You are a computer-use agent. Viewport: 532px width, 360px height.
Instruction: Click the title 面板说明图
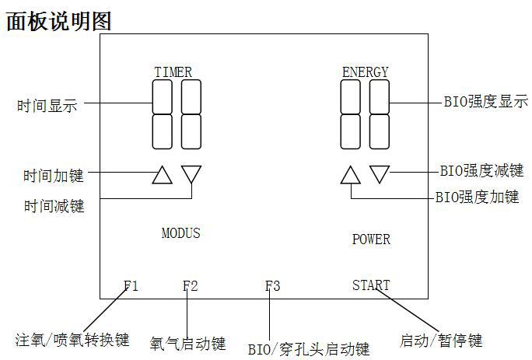(59, 20)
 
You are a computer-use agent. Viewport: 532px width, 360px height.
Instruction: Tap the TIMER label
(173, 72)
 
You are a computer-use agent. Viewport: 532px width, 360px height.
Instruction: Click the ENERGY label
(365, 72)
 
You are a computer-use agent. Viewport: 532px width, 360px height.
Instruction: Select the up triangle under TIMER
(162, 175)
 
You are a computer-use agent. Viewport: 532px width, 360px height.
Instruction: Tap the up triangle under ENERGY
(351, 175)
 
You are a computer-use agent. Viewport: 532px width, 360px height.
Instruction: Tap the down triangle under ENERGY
(380, 173)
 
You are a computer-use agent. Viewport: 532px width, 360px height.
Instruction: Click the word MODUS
(180, 232)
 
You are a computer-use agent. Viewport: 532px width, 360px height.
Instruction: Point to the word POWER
(371, 239)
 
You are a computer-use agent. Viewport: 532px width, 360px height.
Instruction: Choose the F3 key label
(272, 285)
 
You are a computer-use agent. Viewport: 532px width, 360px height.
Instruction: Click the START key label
(370, 285)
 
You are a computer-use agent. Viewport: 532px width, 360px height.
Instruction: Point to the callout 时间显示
(47, 107)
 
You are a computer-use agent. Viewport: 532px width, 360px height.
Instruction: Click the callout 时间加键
(53, 176)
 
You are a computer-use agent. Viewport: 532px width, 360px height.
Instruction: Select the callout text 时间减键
(53, 206)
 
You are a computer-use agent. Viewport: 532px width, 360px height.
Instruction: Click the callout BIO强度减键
(481, 171)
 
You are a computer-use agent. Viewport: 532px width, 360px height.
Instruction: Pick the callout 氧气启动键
(188, 343)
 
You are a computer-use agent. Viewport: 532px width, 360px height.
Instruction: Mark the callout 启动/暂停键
(441, 341)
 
